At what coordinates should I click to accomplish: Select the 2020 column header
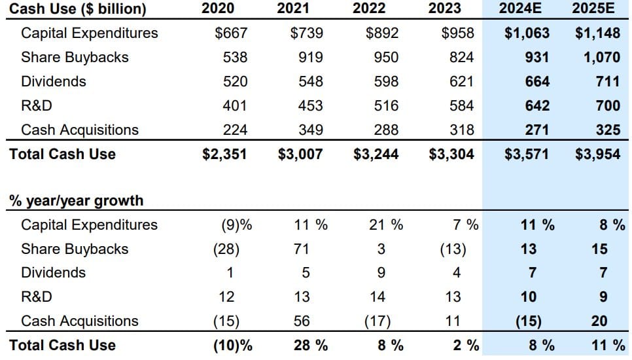point(218,9)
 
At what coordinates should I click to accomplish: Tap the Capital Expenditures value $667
point(232,33)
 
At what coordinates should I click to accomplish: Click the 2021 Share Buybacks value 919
point(311,57)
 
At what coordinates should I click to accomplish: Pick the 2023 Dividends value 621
point(462,82)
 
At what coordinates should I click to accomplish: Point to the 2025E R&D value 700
point(608,105)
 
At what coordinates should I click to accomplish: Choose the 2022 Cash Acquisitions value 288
point(386,130)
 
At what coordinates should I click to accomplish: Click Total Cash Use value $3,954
point(597,154)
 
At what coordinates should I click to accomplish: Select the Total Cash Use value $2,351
point(225,154)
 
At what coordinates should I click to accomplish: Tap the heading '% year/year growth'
point(76,200)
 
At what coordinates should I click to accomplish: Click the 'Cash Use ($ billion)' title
point(78,9)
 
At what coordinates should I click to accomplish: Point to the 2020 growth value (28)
point(226,249)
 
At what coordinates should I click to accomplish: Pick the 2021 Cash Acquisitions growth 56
point(302,321)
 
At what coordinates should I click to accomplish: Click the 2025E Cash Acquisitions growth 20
point(599,321)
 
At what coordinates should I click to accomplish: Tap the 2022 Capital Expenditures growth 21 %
point(386,225)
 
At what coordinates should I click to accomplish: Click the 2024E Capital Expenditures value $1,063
point(527,33)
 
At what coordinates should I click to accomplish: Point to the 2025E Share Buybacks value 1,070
point(602,57)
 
